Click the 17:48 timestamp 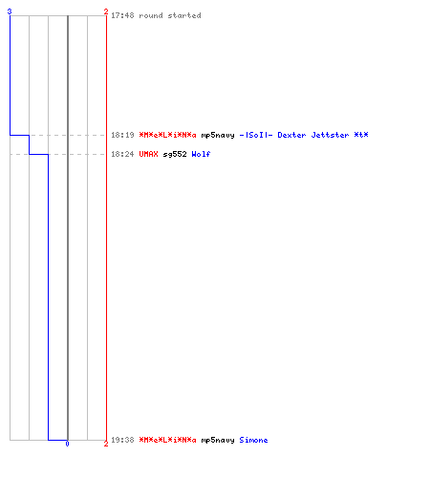click(x=122, y=15)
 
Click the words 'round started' click(x=170, y=15)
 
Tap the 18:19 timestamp click(x=122, y=135)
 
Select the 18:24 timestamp click(x=122, y=154)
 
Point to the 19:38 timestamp click(x=122, y=440)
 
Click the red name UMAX click(x=148, y=154)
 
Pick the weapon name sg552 click(x=175, y=155)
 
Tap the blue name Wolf click(x=201, y=154)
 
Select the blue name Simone click(x=253, y=440)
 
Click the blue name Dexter click(x=291, y=135)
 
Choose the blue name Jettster click(x=330, y=135)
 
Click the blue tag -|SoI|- click(x=256, y=135)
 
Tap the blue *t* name click(x=361, y=135)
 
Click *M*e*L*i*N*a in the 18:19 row click(x=167, y=135)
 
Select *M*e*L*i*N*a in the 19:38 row click(x=167, y=440)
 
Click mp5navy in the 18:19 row click(x=218, y=136)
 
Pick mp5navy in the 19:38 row click(x=218, y=441)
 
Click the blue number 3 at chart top click(x=10, y=11)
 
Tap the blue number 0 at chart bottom click(x=67, y=444)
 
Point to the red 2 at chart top click(x=106, y=11)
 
